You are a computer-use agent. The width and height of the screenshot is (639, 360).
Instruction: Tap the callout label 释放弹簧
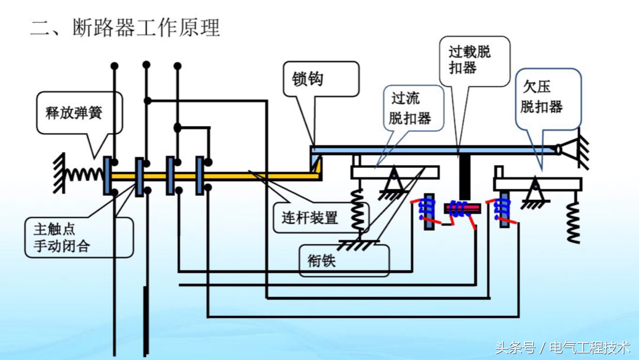click(x=74, y=113)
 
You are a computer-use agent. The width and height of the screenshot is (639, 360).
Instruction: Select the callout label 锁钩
click(x=308, y=79)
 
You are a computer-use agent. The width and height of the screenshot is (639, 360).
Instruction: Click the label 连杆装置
click(x=310, y=218)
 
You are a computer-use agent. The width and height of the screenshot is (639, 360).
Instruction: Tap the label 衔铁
click(x=321, y=260)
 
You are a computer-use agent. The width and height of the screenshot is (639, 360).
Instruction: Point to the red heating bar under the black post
click(x=463, y=208)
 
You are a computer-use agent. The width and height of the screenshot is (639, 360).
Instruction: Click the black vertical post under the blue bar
click(x=465, y=177)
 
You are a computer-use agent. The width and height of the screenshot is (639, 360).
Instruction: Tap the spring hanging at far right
click(x=573, y=221)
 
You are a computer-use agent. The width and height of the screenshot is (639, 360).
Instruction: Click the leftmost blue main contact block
click(x=107, y=176)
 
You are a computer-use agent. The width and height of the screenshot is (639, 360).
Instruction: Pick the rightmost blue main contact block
click(x=199, y=176)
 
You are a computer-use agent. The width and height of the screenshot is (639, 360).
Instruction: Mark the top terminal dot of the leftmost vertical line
click(x=114, y=66)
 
